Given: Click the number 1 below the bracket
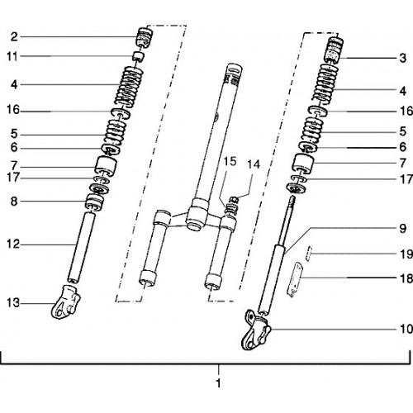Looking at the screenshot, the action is (x=218, y=383).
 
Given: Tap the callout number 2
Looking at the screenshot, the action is (x=14, y=36).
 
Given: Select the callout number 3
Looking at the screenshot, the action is (x=402, y=58).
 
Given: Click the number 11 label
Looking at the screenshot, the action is (x=12, y=56).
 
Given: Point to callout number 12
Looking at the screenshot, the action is (x=13, y=244).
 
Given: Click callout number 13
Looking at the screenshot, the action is (x=13, y=303).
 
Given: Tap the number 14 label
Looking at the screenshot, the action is (x=254, y=164).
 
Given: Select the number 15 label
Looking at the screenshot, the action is (x=230, y=161).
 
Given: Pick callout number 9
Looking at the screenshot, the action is (x=402, y=228).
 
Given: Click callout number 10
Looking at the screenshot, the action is (x=406, y=329).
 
